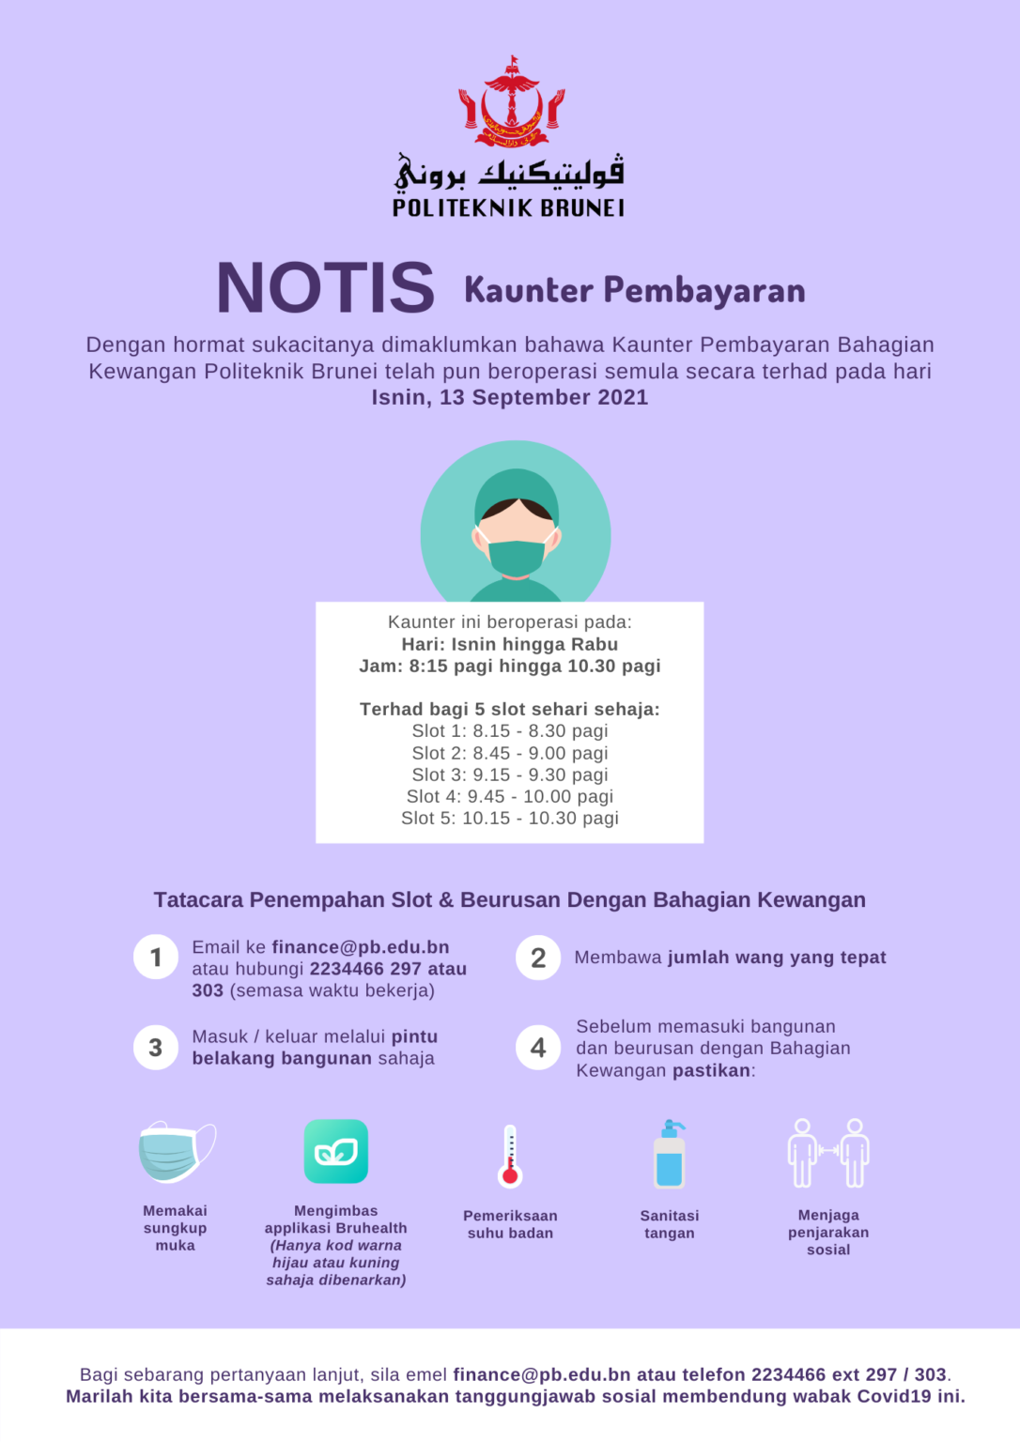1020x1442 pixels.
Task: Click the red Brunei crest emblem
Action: click(x=512, y=103)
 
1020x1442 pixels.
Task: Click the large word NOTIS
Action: click(x=325, y=287)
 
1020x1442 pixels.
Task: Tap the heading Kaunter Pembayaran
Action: click(x=634, y=290)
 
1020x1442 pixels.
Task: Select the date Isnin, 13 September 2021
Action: click(x=509, y=397)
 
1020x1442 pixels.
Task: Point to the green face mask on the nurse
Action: click(x=516, y=557)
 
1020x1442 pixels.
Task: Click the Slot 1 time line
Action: click(x=509, y=730)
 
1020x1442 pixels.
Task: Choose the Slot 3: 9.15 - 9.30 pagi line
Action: click(x=509, y=775)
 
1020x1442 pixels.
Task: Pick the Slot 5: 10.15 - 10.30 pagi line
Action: click(x=509, y=818)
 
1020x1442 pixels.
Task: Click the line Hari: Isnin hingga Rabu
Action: click(x=509, y=644)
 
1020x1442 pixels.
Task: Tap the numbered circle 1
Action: click(x=156, y=958)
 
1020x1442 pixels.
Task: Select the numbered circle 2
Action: click(x=538, y=958)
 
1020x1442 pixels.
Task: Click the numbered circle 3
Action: click(x=156, y=1048)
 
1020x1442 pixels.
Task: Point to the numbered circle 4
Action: click(x=538, y=1048)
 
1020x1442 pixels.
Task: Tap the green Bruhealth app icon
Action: click(x=335, y=1152)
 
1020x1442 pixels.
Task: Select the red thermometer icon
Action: click(x=510, y=1157)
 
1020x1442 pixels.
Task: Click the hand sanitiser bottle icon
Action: click(x=670, y=1155)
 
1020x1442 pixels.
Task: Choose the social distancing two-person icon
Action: click(x=828, y=1153)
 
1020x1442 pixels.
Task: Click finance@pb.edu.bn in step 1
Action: click(x=361, y=947)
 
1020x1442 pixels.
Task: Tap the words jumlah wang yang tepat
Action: click(x=777, y=958)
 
